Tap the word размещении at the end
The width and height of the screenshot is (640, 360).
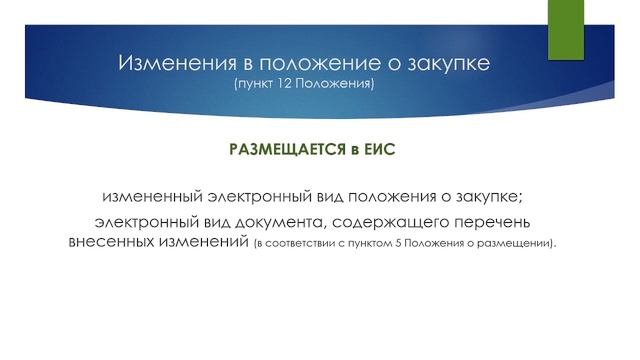(522, 244)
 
